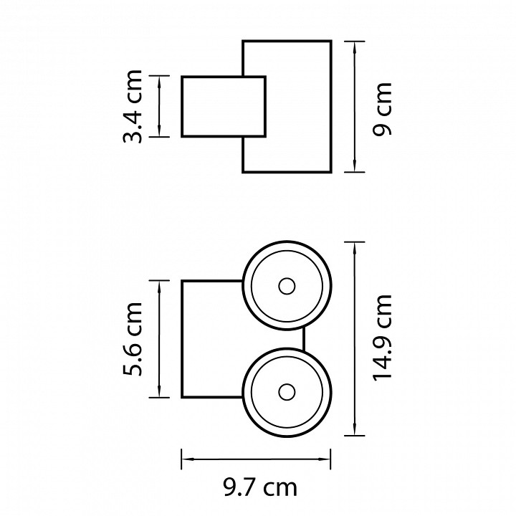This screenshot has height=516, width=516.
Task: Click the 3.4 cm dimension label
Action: tap(133, 106)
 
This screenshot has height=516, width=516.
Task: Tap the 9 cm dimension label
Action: tap(382, 109)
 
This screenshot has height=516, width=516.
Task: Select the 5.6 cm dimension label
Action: tap(133, 338)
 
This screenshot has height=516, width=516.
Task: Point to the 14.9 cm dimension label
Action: tap(382, 338)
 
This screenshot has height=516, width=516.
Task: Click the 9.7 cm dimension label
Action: tap(260, 488)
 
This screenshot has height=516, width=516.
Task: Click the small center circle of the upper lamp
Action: tap(287, 286)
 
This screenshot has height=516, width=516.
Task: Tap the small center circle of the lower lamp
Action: tap(287, 392)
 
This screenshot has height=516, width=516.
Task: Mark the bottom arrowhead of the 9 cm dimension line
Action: tap(355, 166)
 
